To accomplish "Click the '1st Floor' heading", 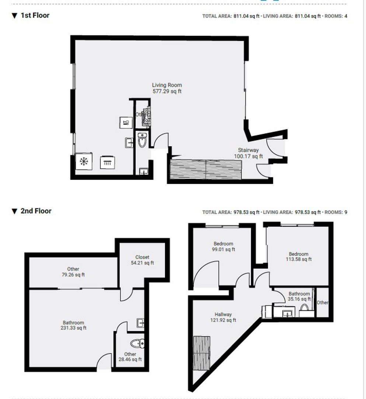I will coord(35,16).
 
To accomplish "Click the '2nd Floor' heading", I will coord(36,211).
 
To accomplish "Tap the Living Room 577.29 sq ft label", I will coord(167,88).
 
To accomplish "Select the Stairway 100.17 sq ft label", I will coord(248,153).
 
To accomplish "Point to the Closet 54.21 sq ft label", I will coord(142,260).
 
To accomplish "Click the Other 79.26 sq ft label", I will coord(73,272).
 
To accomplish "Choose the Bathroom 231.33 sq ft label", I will coord(73,325).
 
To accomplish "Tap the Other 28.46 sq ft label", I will coord(130,357).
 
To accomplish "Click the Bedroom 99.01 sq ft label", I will coord(223,246).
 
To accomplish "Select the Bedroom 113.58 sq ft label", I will coord(298,256).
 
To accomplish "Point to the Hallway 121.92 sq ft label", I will coord(223,317).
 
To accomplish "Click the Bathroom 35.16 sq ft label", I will coord(299,296).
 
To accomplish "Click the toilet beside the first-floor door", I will coord(142,140).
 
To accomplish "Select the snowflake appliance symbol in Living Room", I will coord(84,161).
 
